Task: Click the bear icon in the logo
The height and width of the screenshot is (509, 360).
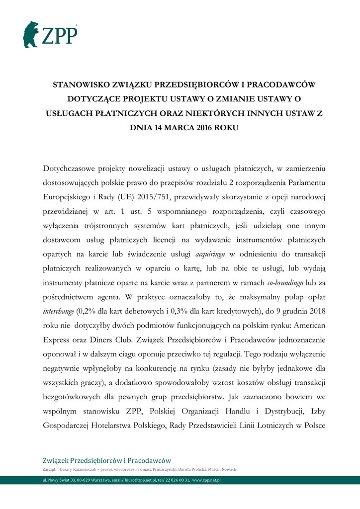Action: click(31, 34)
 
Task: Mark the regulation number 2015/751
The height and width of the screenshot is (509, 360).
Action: click(152, 197)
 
